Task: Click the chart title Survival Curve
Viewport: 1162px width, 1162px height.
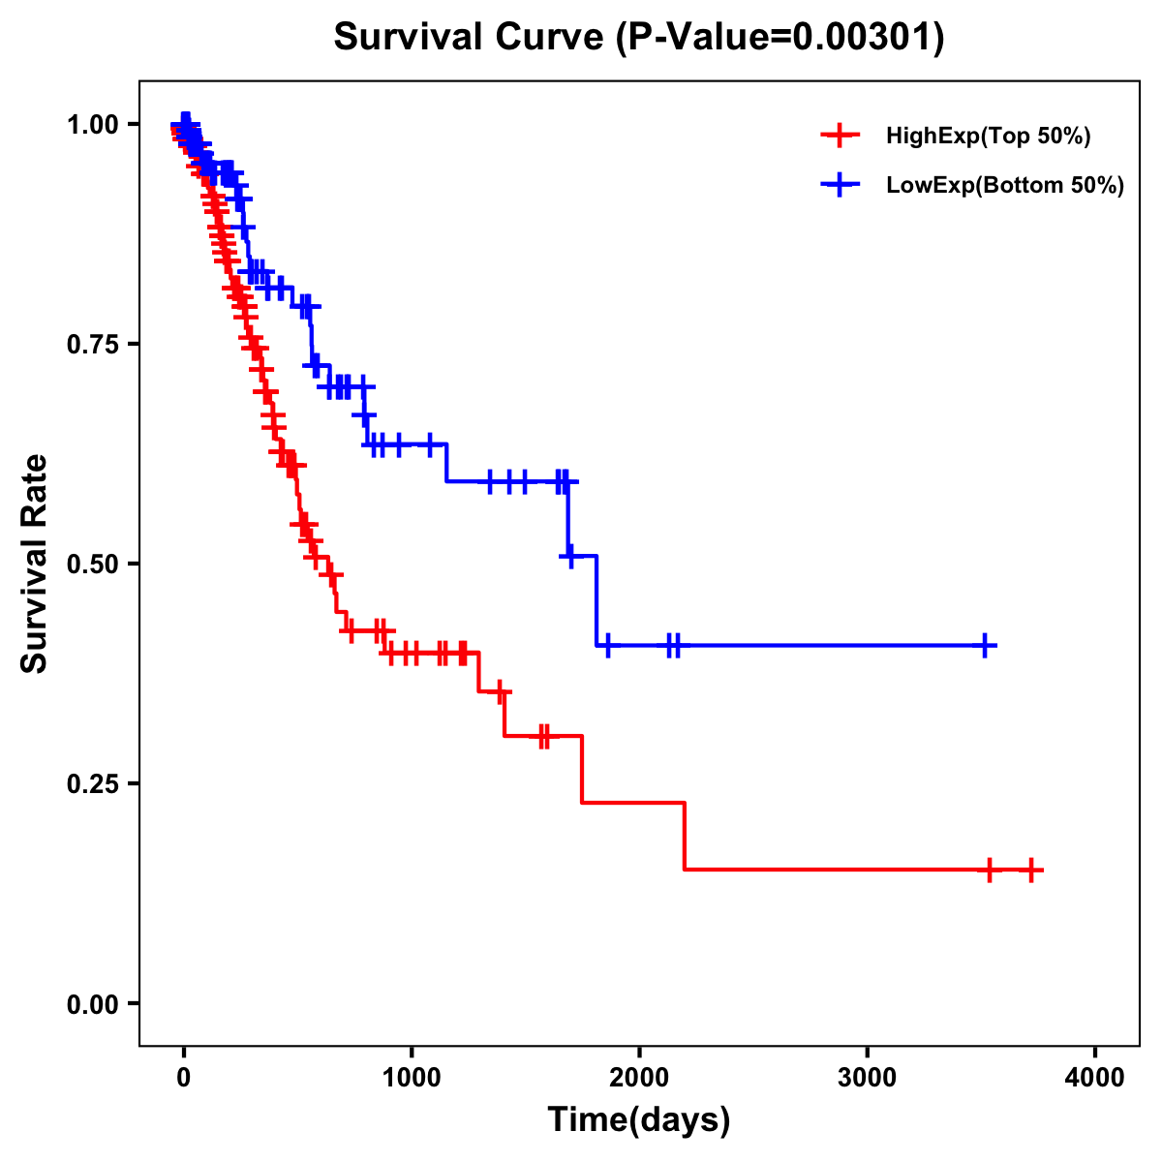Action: pos(470,38)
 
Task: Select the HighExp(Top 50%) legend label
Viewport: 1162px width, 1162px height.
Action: pos(989,137)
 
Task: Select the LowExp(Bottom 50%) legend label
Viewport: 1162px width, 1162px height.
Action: pos(1005,186)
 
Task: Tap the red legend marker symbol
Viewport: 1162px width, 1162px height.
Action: pos(840,136)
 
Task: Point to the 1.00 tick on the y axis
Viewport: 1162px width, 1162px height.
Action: pos(92,124)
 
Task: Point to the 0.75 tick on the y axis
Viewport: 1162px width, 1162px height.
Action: pos(92,344)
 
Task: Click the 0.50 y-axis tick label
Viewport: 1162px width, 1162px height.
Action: pos(92,564)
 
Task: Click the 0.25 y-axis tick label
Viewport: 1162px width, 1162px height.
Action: pos(92,783)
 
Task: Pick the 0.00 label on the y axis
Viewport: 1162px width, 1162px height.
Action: pos(92,1003)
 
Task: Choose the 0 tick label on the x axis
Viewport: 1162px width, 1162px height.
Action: pos(184,1078)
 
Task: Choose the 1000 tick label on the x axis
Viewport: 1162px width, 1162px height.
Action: pos(412,1078)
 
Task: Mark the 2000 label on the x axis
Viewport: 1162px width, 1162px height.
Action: pos(639,1078)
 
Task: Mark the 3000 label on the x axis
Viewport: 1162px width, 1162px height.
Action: pos(867,1078)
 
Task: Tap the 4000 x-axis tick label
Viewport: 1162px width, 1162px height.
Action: pos(1095,1078)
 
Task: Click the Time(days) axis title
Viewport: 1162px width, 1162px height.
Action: pos(639,1120)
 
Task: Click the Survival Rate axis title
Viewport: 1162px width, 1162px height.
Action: pos(35,564)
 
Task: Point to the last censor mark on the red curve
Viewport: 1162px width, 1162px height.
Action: pos(1031,870)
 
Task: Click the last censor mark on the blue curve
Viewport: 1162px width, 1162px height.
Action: pos(984,645)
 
